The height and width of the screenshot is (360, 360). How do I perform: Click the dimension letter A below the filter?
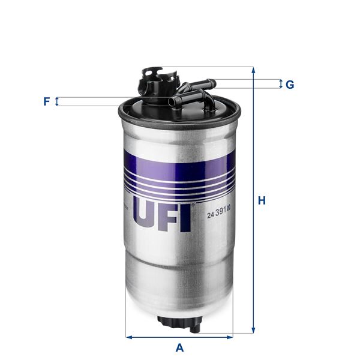click(179, 347)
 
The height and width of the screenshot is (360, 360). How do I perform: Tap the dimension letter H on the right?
click(262, 201)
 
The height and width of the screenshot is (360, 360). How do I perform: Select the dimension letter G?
click(290, 85)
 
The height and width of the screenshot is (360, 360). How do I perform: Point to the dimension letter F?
click(46, 101)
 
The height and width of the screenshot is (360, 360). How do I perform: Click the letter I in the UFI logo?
click(185, 217)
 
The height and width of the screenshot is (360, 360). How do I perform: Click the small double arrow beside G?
click(280, 84)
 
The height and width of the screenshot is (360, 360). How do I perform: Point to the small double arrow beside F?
click(57, 101)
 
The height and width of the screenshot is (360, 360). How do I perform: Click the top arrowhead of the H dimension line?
click(253, 70)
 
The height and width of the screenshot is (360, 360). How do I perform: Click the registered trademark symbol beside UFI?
click(193, 207)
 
